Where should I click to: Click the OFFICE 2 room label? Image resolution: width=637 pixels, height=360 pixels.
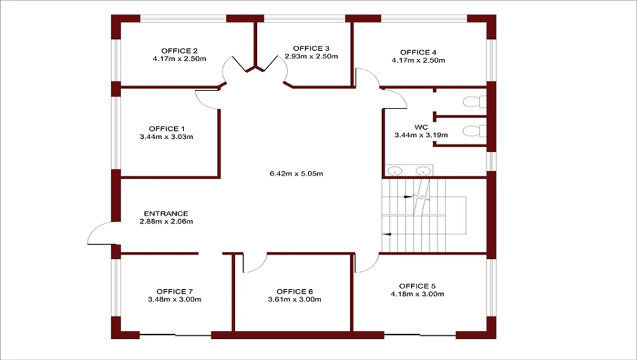(x=179, y=51)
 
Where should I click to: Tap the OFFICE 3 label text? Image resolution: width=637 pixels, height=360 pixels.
(x=311, y=49)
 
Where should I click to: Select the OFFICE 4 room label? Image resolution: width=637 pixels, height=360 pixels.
(x=418, y=52)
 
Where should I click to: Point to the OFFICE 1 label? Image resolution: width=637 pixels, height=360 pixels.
(x=167, y=129)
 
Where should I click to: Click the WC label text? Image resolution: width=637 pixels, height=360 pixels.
(x=421, y=128)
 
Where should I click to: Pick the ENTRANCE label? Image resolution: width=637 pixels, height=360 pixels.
(x=166, y=214)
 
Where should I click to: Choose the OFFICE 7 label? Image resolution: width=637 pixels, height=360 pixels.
(x=175, y=292)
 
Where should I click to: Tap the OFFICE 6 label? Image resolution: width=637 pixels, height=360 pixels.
(x=295, y=292)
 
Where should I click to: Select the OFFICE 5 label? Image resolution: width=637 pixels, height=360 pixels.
(x=417, y=286)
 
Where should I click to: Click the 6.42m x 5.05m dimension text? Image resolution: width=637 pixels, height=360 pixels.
(x=296, y=173)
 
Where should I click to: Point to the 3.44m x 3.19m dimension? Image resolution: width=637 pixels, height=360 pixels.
(x=421, y=135)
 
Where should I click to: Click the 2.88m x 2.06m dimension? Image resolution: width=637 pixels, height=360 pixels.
(x=166, y=222)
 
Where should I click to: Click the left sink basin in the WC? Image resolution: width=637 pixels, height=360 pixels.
(x=394, y=171)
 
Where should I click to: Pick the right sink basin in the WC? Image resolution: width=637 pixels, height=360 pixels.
(x=423, y=171)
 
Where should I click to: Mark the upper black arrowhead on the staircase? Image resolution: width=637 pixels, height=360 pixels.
(x=408, y=197)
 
